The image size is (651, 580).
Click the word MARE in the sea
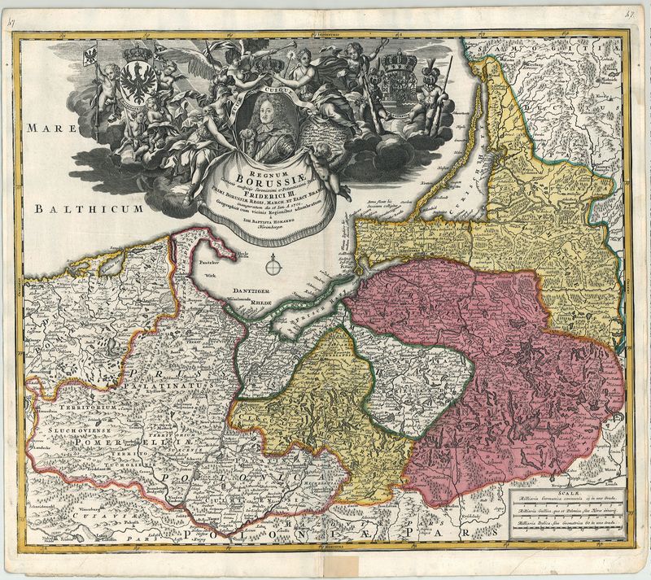[x=48, y=128]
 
